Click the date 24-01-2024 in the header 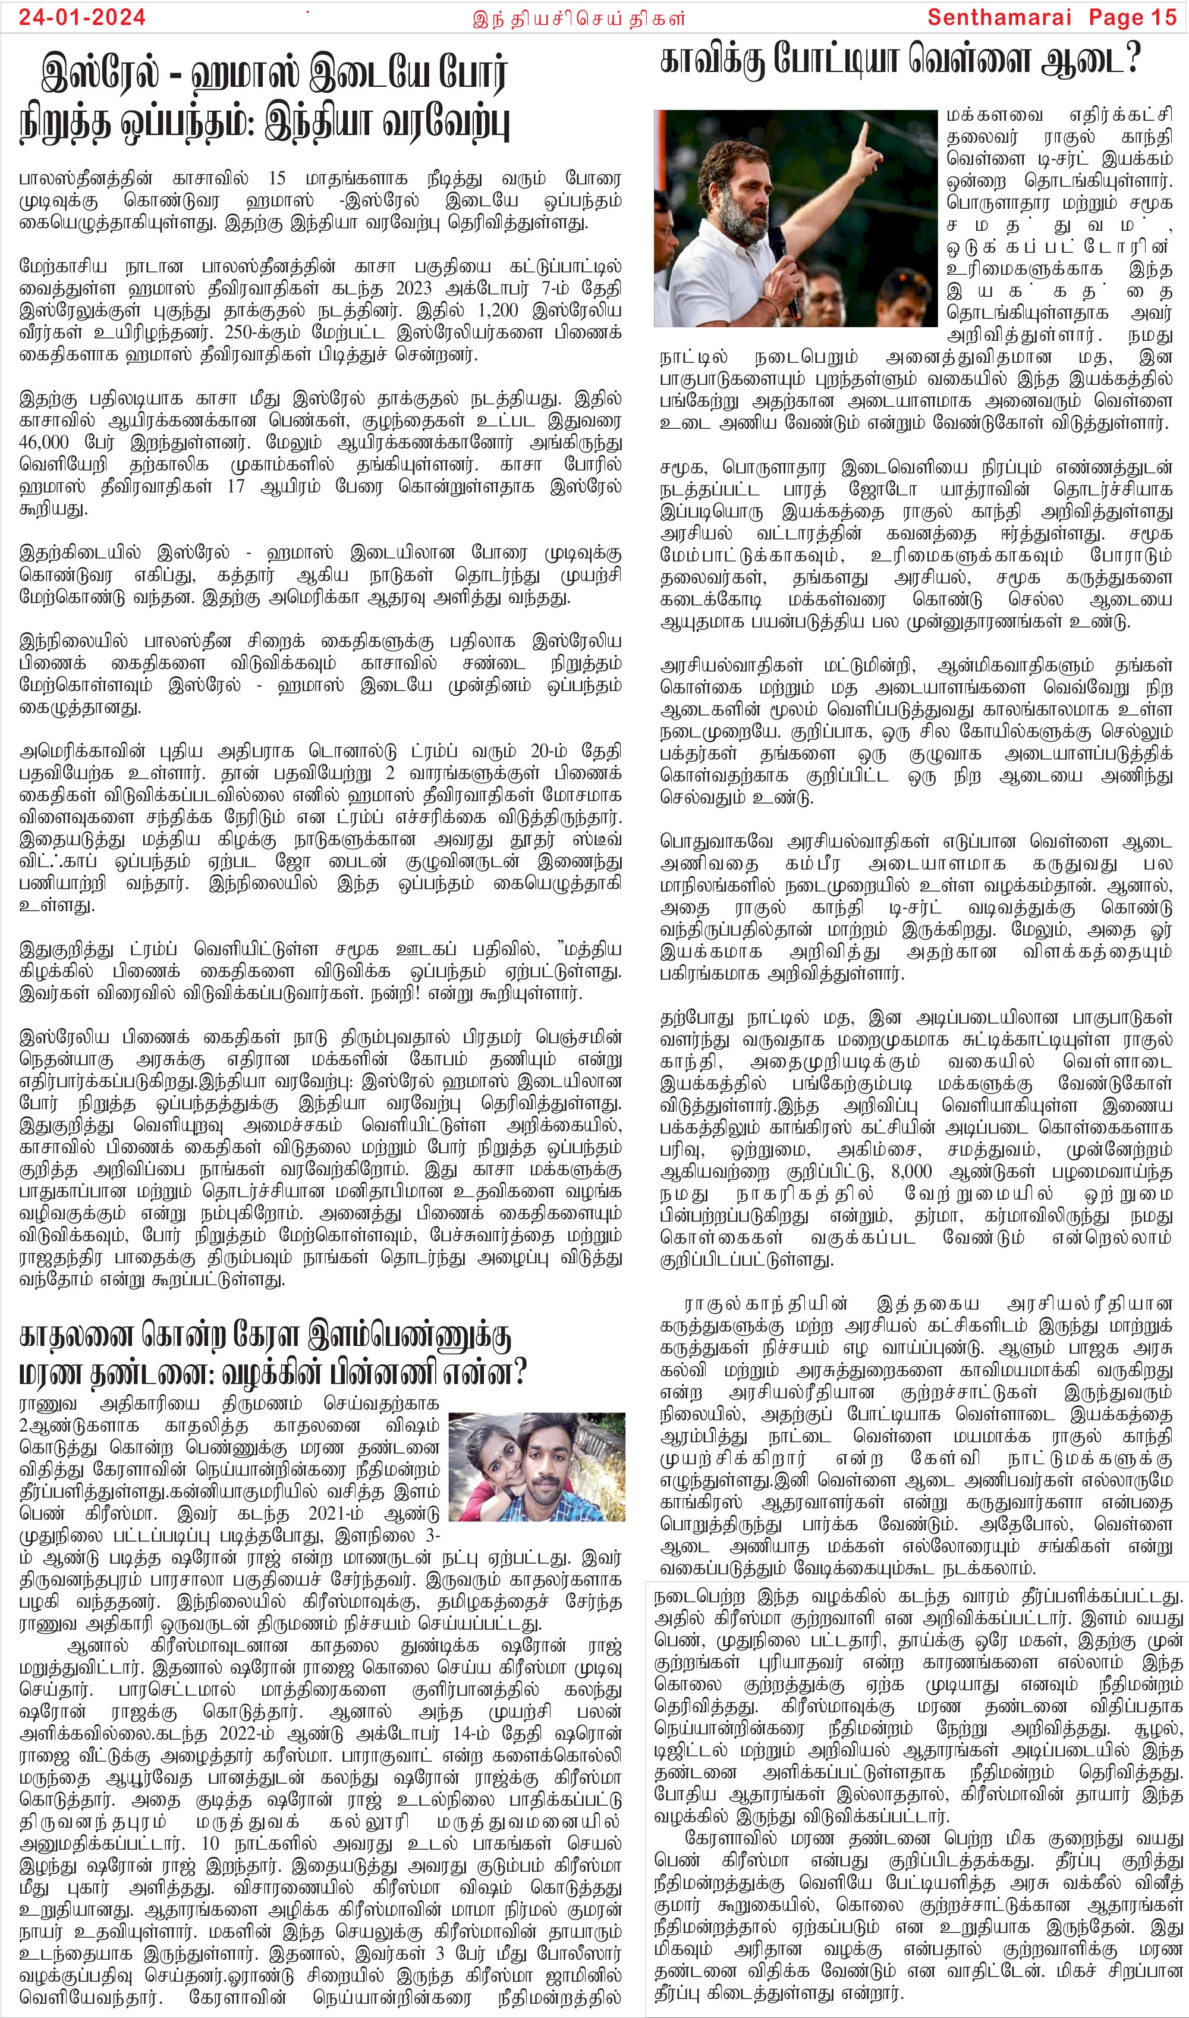click(x=83, y=17)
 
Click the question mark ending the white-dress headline click(x=1131, y=61)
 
